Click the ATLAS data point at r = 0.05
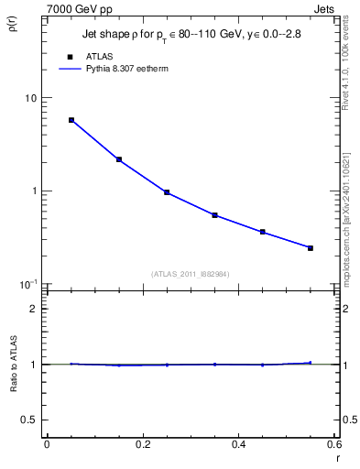coord(71,120)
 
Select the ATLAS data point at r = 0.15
coord(119,159)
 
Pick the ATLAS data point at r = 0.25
coord(167,192)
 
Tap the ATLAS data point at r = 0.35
coord(214,215)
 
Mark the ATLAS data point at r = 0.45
coord(263,232)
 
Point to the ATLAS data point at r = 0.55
coord(311,248)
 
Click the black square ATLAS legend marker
coord(70,58)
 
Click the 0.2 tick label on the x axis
coord(142,443)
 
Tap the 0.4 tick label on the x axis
coord(239,443)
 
